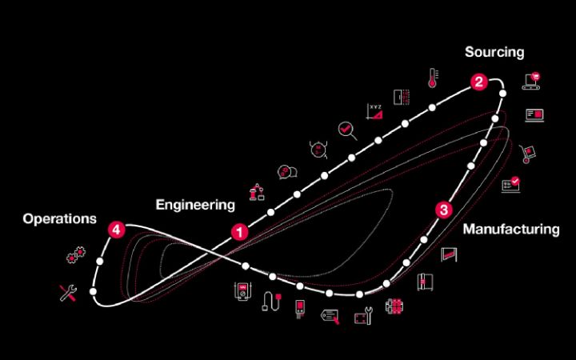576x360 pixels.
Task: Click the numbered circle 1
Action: (239, 231)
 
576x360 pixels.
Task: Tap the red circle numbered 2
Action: (478, 81)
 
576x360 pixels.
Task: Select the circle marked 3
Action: (445, 210)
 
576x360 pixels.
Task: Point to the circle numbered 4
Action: (117, 230)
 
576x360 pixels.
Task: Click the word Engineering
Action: (195, 205)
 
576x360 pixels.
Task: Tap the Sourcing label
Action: (494, 52)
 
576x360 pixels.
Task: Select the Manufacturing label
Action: (511, 229)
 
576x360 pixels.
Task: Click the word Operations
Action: (60, 218)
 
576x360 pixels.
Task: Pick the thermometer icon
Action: (433, 77)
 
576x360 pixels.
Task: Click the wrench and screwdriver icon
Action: (69, 293)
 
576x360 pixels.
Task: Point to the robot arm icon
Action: (257, 191)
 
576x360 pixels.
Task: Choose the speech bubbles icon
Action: (286, 171)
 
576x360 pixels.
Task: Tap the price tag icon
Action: (330, 315)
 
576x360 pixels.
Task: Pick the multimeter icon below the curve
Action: (240, 291)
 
